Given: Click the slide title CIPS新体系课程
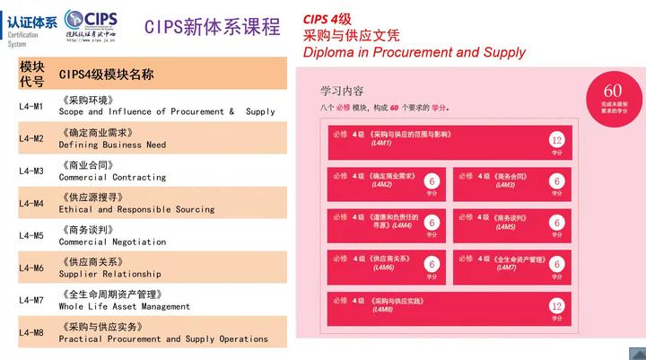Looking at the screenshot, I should (213, 27).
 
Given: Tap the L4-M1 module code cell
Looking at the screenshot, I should (31, 106).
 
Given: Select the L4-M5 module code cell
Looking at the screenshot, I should (31, 235).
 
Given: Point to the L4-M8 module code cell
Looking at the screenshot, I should (31, 333).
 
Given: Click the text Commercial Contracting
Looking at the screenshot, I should (112, 177).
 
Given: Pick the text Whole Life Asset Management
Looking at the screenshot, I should (125, 306).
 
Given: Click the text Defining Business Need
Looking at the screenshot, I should (112, 145).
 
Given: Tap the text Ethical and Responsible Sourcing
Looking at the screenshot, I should (136, 209).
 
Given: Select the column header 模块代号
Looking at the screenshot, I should (31, 74).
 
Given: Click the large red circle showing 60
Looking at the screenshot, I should (613, 95).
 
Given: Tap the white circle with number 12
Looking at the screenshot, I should (557, 141).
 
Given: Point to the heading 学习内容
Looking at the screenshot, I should (342, 91).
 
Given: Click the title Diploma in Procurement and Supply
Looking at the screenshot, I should (415, 52).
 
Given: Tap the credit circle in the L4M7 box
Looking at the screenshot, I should (557, 265).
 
